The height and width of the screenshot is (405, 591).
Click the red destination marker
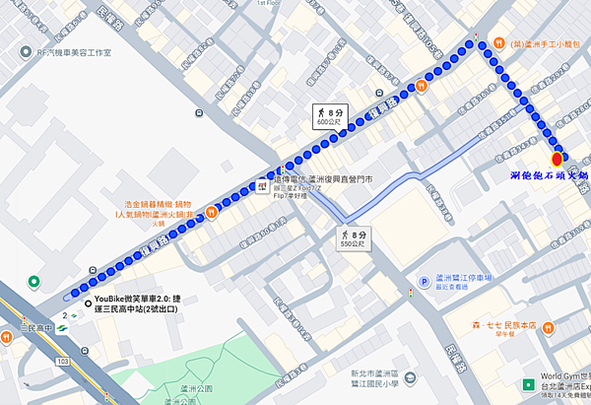[x=558, y=158]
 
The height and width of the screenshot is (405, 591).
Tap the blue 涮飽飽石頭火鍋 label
[x=551, y=174]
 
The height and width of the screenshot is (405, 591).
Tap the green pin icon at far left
[x=34, y=282]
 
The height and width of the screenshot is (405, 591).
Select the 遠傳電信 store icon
[x=263, y=184]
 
